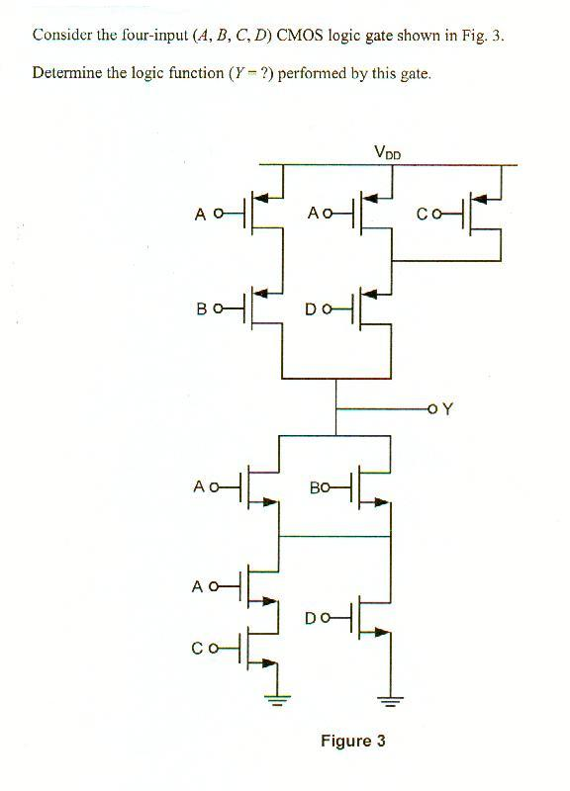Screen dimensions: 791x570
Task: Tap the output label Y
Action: [x=447, y=408]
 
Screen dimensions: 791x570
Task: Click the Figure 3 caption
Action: [x=352, y=741]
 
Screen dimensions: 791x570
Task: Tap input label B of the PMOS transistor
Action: [x=201, y=308]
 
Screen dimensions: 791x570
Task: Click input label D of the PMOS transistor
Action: [x=311, y=308]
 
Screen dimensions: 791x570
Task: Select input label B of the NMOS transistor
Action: [x=315, y=488]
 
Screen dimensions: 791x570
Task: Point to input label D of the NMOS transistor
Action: [x=311, y=618]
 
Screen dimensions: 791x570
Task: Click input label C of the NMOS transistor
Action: [x=200, y=649]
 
